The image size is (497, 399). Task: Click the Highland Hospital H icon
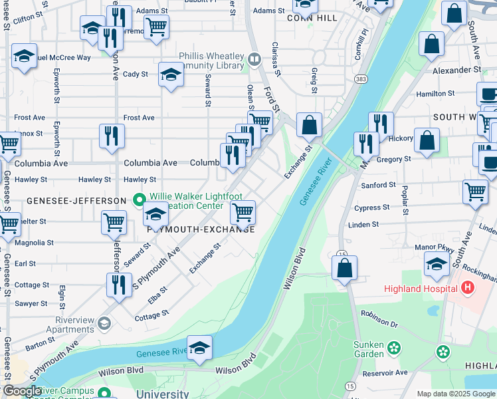[467, 288]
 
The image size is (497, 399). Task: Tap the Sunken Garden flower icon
[394, 347]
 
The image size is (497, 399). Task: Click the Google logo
[21, 391]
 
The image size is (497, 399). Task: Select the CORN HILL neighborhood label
[288, 19]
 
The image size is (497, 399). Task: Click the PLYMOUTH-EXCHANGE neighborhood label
[200, 229]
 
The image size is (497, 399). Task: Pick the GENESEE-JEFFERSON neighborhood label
[77, 200]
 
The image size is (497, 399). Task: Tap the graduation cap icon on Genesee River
[199, 348]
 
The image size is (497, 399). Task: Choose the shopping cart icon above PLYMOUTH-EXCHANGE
[243, 213]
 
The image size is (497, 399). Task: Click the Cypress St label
[372, 207]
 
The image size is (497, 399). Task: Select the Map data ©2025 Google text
[456, 393]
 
